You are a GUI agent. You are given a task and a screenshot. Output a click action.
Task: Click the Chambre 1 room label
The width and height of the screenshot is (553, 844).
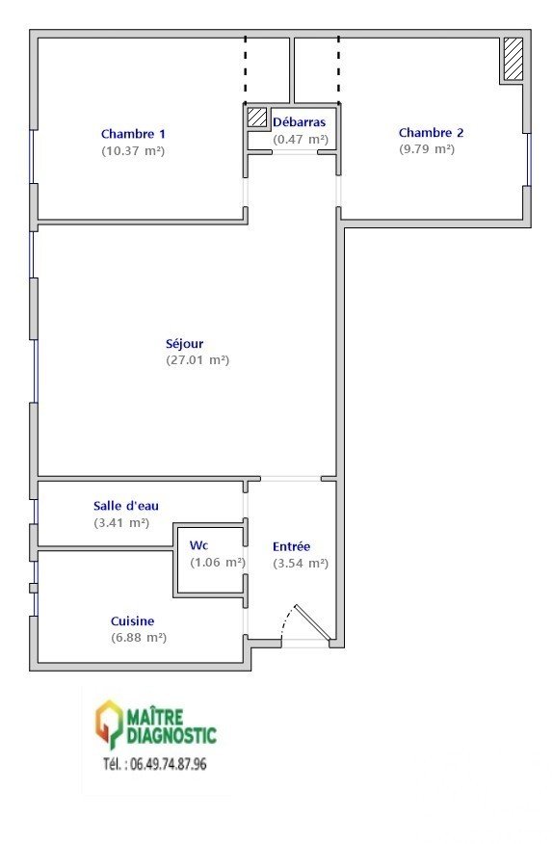133,134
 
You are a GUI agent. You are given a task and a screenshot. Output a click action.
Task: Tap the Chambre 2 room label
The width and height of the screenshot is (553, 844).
431,132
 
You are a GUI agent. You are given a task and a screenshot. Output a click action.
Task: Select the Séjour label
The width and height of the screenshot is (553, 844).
184,344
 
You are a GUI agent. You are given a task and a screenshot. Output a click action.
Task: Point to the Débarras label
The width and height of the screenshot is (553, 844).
299,122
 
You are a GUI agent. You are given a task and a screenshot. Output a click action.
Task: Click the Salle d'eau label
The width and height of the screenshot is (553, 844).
126,506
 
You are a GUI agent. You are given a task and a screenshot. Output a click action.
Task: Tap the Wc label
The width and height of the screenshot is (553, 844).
198,545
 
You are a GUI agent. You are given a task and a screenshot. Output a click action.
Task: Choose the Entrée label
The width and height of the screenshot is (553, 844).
291,546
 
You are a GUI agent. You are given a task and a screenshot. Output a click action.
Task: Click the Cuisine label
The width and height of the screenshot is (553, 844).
132,621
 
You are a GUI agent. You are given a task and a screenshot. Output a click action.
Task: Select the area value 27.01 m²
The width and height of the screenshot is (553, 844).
197,360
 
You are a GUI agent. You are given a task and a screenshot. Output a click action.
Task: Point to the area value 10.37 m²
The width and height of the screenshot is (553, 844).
133,150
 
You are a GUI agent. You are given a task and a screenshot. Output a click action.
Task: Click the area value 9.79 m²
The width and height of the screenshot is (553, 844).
427,149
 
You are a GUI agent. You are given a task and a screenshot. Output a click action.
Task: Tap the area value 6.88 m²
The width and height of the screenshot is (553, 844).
139,638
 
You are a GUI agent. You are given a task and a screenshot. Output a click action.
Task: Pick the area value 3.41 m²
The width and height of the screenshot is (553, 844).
121,522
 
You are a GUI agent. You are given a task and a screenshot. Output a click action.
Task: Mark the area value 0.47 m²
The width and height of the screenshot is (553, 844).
301,140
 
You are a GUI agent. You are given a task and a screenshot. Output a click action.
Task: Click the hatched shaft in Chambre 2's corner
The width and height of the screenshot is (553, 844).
513,59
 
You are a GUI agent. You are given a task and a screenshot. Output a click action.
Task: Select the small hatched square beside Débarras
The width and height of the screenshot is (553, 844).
257,117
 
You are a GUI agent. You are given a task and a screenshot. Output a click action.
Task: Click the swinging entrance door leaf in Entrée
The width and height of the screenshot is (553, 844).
312,622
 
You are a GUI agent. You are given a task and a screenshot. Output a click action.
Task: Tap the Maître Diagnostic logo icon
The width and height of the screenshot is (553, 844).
109,725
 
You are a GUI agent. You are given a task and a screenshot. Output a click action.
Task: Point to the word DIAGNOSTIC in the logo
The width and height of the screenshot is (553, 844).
171,735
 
